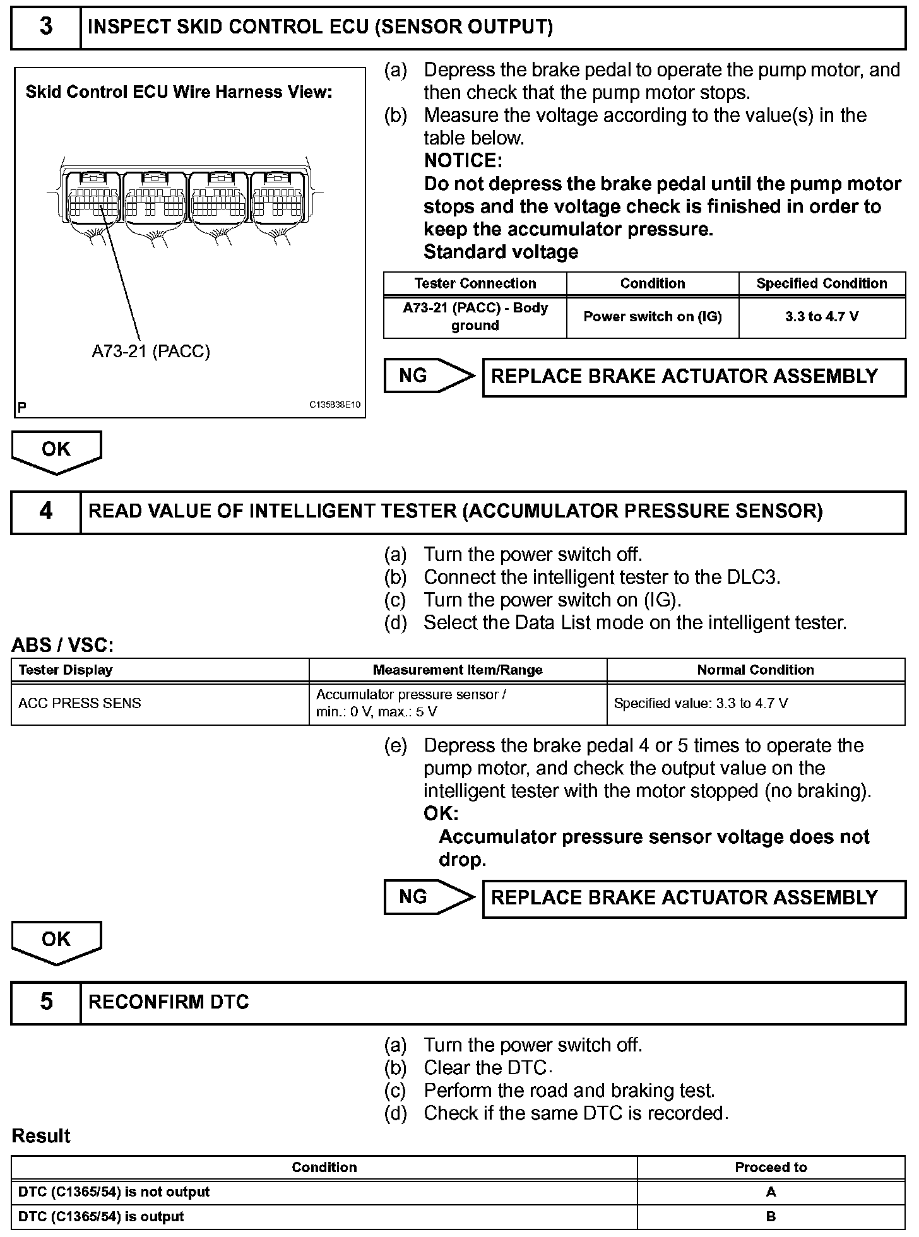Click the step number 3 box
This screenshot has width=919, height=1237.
point(46,28)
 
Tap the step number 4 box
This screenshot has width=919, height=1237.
point(46,512)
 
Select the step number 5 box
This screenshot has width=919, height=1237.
point(46,1002)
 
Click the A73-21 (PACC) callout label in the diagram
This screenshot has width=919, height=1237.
point(151,352)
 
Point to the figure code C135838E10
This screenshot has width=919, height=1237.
point(335,405)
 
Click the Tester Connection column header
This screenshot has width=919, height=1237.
point(475,284)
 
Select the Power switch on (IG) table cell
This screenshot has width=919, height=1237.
point(652,317)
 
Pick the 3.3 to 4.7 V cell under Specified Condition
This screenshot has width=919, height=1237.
point(822,317)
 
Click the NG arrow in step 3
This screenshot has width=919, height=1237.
point(429,376)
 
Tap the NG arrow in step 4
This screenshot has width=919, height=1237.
point(429,897)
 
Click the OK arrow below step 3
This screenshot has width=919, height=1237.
point(56,451)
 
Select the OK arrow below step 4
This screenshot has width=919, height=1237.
point(56,940)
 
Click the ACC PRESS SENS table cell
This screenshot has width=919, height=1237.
point(80,704)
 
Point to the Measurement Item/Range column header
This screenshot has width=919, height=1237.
point(458,670)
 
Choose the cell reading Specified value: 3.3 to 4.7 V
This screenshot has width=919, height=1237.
point(701,704)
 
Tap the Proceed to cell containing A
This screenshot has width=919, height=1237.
point(771,1192)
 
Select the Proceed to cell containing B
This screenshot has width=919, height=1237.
point(771,1217)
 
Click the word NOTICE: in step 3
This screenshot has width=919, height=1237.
point(463,161)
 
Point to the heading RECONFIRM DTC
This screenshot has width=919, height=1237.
point(169,1002)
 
